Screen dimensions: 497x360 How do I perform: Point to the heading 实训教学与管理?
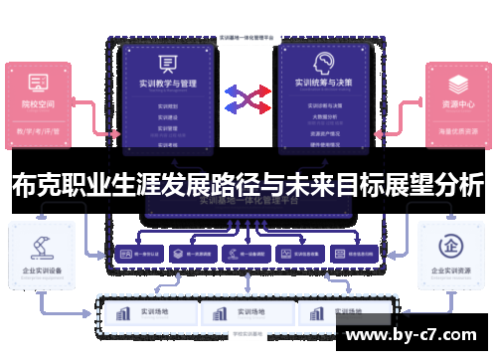pyautogui.click(x=169, y=86)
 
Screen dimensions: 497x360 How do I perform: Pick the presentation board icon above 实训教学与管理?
pyautogui.click(x=169, y=62)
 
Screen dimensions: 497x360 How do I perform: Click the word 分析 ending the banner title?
pyautogui.click(x=458, y=184)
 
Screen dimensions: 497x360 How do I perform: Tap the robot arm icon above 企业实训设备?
pyautogui.click(x=41, y=244)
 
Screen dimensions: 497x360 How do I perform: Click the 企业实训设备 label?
pyautogui.click(x=41, y=270)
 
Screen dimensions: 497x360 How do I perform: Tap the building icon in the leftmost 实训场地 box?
pyautogui.click(x=123, y=312)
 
